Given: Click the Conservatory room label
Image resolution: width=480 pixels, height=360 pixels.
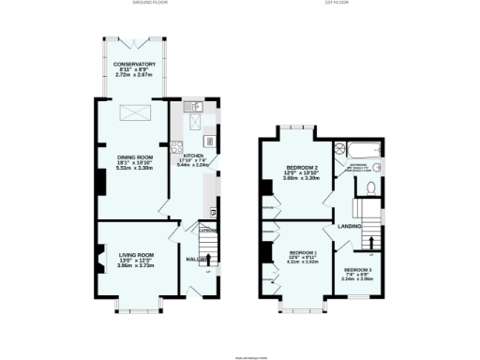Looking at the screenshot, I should (x=136, y=64).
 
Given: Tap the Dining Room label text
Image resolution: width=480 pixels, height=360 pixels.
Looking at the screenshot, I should (x=135, y=157).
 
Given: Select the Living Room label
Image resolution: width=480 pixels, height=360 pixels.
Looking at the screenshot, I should (x=135, y=254).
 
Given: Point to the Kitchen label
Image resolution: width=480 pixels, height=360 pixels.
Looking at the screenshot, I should (x=193, y=156).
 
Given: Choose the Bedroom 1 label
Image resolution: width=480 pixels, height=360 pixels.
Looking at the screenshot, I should (x=303, y=252).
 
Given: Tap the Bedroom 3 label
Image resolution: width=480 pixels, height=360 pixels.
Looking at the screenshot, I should (x=357, y=270).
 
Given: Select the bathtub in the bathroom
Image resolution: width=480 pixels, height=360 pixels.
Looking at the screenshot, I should (x=361, y=149).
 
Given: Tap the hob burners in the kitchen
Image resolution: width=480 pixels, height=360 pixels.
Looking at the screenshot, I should (x=175, y=145).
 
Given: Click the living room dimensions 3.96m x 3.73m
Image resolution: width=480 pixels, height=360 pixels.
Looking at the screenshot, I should (x=135, y=265).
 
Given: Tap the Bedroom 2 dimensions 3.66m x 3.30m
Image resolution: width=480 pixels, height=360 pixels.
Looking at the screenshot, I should (x=302, y=178).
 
